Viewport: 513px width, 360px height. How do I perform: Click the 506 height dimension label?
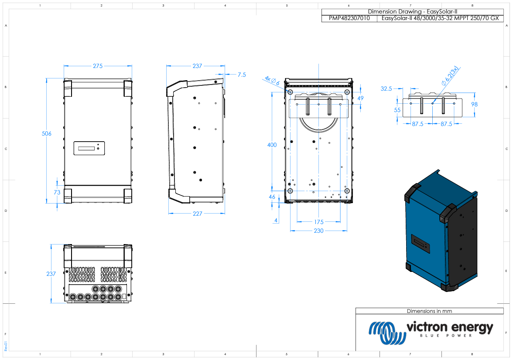coord(47,134)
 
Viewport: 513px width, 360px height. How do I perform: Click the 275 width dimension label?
coord(98,66)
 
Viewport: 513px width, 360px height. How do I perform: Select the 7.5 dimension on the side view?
coord(241,75)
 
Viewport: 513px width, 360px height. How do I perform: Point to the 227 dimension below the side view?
coord(197,214)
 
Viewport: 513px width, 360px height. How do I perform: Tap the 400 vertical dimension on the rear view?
coord(272,145)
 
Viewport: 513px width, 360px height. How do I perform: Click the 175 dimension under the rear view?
coord(318,222)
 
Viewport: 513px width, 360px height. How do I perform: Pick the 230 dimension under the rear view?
coord(318,231)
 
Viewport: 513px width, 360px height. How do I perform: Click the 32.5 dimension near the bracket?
coord(386,88)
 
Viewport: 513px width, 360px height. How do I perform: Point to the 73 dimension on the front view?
coord(57,192)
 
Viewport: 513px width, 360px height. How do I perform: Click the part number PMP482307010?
coord(349,19)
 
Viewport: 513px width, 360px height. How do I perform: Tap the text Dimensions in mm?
coord(429,311)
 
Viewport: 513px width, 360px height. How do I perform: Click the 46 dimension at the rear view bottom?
coord(272,197)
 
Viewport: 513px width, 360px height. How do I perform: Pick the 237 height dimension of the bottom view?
coord(51,274)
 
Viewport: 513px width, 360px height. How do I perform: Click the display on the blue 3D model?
coord(422,246)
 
